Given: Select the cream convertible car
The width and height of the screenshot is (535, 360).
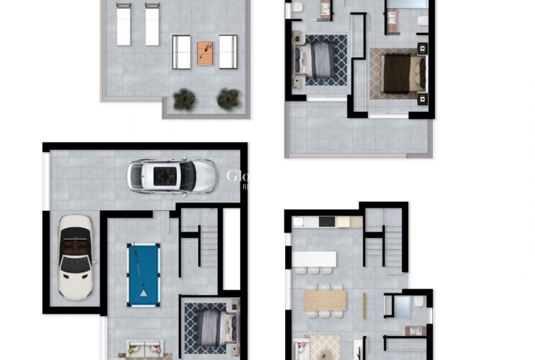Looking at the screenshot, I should point(76,257).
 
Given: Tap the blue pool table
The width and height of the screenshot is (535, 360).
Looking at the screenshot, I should point(144,275).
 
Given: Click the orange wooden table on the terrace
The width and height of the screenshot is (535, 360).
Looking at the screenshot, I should point(205,53).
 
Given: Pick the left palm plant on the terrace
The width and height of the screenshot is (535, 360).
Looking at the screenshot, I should point(184,99).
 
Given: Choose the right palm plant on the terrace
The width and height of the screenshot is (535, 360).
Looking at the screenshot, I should point(228,99).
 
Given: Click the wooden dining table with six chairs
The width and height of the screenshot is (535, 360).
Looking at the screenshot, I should point(325,300).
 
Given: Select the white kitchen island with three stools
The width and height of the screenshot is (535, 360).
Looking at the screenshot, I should point(314,259).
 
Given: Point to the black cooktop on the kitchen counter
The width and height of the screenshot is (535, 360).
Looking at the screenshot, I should point(327,222).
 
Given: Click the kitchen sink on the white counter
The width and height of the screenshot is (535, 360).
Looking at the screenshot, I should point(298,222).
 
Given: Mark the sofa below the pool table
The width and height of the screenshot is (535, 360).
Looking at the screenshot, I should point(145,348).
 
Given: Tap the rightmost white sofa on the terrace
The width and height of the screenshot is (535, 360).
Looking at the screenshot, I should point(228,52).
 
